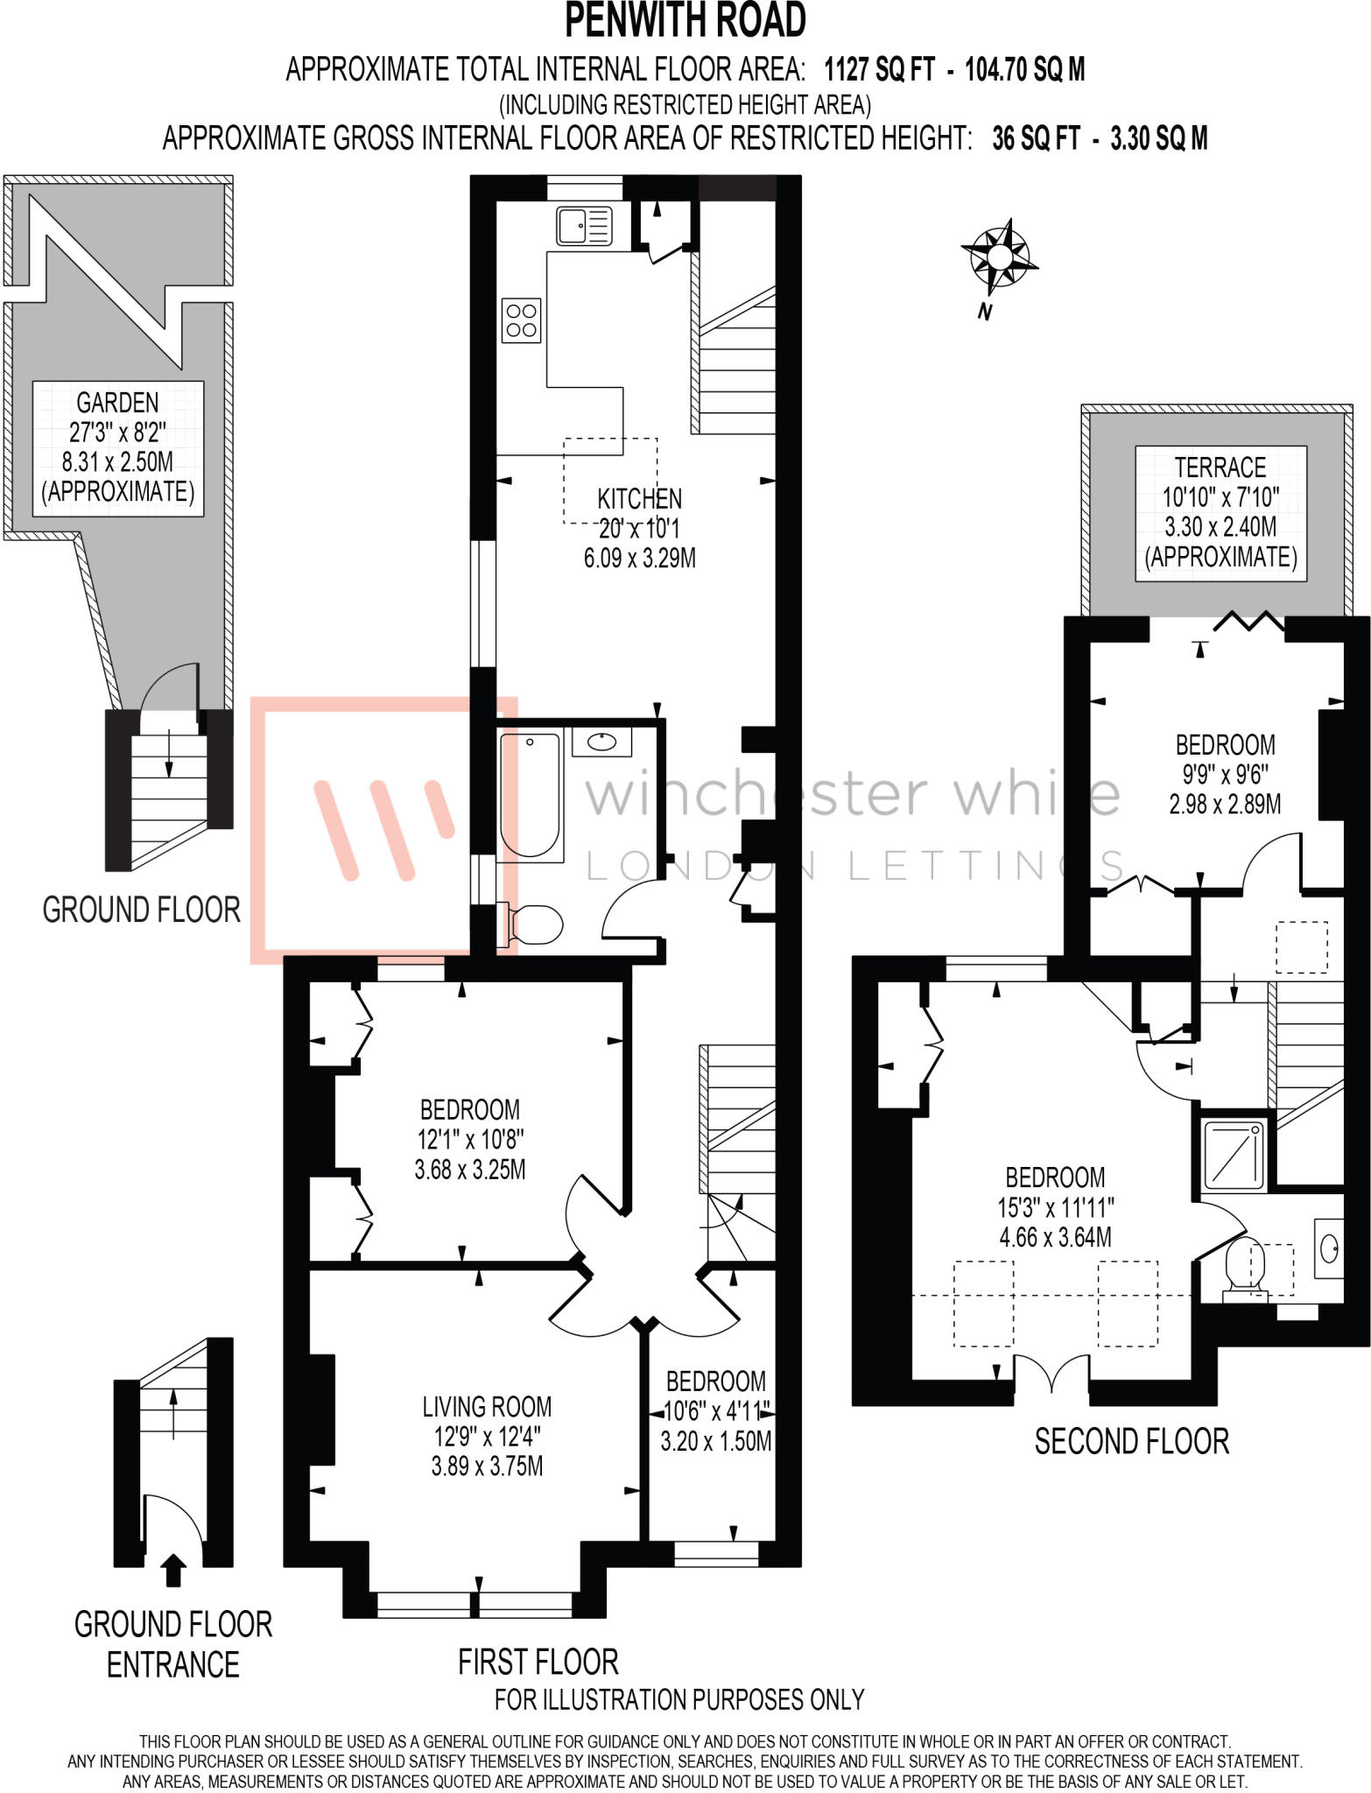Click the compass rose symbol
(x=999, y=258)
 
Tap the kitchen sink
(x=584, y=226)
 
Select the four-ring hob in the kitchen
(x=521, y=320)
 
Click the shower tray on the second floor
(x=1234, y=1155)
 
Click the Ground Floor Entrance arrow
(x=174, y=1570)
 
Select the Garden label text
(x=117, y=403)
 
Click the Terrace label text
(x=1220, y=468)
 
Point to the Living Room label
(x=487, y=1407)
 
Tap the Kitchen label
(x=639, y=499)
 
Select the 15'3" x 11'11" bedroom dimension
(x=1055, y=1207)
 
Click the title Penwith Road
(x=685, y=21)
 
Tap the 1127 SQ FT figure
(x=880, y=69)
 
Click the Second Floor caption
(x=1132, y=1441)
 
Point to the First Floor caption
(x=538, y=1662)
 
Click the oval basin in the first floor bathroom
(x=601, y=742)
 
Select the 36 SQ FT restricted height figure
(x=1036, y=138)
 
